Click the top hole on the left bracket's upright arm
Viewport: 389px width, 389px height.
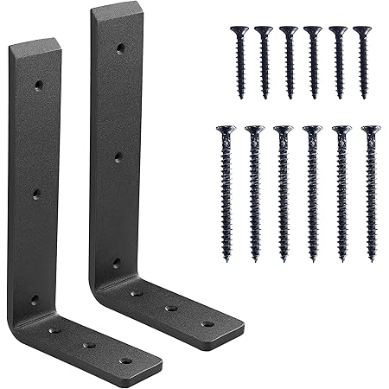(38, 85)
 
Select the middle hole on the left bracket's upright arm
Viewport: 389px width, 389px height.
(36, 194)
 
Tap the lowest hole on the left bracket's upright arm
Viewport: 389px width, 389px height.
(35, 300)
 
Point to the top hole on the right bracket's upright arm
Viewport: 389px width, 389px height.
(120, 49)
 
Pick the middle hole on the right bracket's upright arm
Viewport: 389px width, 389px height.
(118, 157)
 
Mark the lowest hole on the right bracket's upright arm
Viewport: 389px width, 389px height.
(116, 263)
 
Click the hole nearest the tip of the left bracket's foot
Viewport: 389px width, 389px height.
(126, 360)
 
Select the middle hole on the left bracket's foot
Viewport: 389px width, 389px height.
(90, 345)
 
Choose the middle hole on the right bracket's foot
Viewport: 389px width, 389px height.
(170, 307)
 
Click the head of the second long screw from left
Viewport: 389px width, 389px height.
(253, 131)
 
